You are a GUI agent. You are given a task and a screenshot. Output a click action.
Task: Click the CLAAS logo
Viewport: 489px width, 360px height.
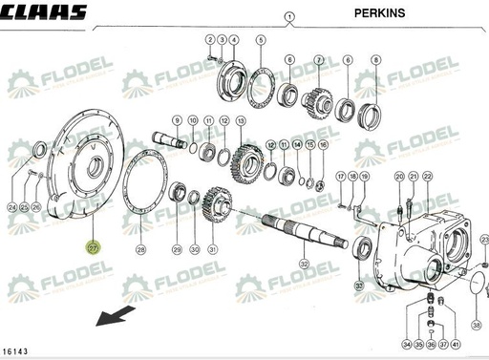43,12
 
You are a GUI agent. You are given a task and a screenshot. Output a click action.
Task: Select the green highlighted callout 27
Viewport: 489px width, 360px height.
93,248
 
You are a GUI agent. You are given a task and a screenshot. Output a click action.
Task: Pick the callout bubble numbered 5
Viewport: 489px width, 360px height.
261,40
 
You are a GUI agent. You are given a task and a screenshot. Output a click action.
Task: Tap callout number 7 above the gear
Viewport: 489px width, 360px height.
319,59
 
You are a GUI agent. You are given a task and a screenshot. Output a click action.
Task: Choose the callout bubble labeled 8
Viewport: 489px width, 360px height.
375,59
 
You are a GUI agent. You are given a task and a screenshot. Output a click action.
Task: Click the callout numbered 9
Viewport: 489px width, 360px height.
177,120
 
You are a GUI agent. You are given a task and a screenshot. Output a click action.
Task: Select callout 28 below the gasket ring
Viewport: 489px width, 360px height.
141,249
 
